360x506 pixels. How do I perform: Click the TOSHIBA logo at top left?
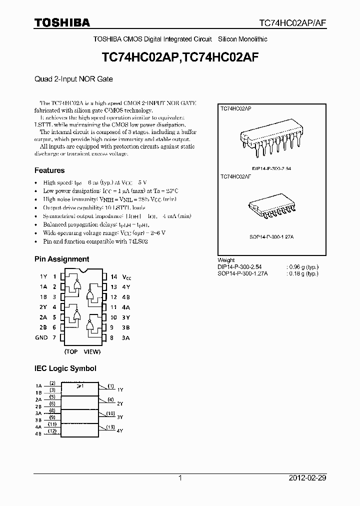click(x=62, y=22)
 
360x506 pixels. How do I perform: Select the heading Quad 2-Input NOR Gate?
click(x=73, y=79)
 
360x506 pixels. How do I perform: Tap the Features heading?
click(x=49, y=170)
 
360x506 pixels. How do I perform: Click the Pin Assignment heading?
click(x=61, y=259)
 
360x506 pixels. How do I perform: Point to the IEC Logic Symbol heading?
click(x=65, y=368)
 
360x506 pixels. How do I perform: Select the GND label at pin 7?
click(x=41, y=337)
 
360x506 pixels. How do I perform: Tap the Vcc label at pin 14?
click(x=128, y=276)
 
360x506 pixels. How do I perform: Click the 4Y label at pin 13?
click(x=127, y=286)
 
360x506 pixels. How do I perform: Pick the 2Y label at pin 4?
click(x=43, y=307)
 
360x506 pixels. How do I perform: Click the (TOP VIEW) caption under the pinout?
click(x=83, y=351)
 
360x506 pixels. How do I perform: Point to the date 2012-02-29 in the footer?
click(x=307, y=478)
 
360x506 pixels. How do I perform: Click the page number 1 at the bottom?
click(x=180, y=478)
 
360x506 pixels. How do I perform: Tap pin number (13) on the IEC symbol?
click(x=110, y=426)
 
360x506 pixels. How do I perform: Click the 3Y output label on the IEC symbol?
click(x=120, y=416)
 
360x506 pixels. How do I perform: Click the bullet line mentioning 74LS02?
click(x=95, y=241)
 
